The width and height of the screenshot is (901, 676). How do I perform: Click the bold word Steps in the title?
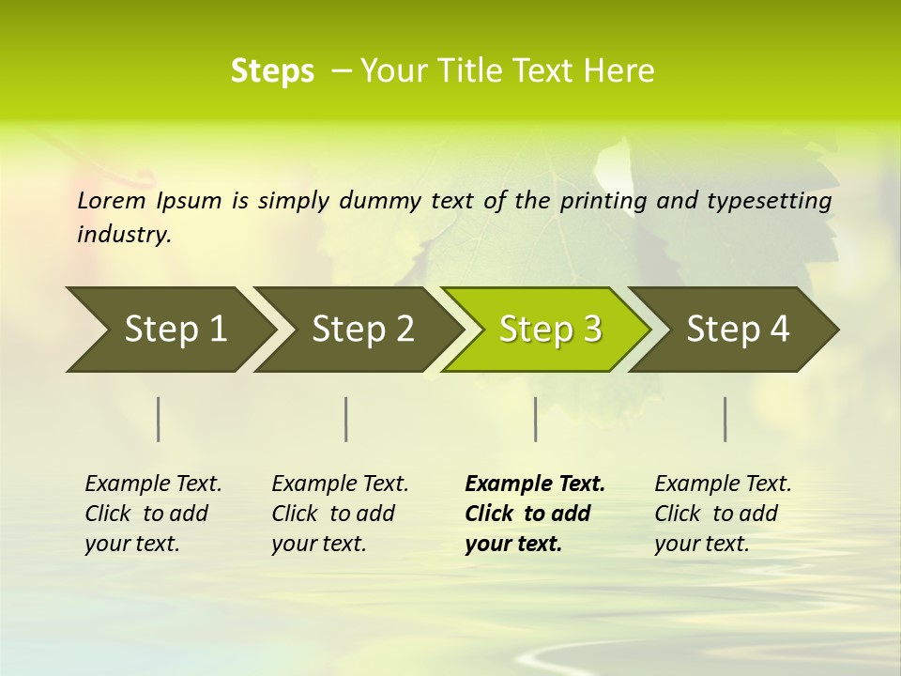pos(272,70)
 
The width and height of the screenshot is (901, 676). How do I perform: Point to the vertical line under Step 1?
pos(159,419)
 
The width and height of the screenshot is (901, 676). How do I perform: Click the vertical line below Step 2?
pos(346,419)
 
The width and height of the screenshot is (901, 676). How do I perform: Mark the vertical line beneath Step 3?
pos(535,419)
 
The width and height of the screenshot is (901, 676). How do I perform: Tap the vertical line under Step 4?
pos(725,419)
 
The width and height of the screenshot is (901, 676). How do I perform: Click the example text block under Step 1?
pos(153,514)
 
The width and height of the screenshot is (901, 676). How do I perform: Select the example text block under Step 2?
pos(340,514)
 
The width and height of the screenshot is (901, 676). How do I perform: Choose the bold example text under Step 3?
pos(535,514)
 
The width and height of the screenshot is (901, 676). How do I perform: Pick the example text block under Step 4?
pos(723,514)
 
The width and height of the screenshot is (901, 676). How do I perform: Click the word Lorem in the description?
pos(111,201)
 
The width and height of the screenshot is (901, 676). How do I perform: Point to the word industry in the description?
pos(124,235)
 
